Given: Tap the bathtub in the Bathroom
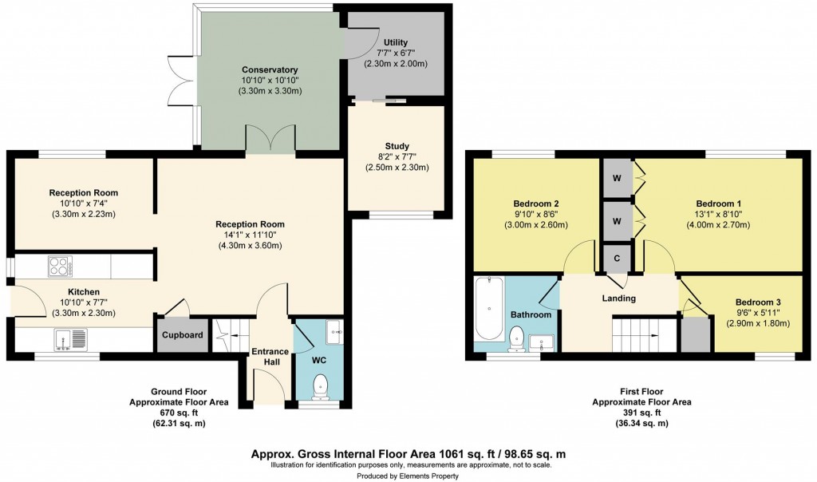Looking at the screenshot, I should pos(487,312).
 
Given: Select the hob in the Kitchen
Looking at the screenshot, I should pos(60,265).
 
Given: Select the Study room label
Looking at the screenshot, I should pos(397,146).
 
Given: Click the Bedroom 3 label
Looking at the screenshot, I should pos(757,302).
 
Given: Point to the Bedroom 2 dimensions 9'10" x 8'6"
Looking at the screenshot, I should pos(535,214).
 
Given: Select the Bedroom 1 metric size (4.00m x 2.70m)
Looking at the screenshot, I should pos(717,225).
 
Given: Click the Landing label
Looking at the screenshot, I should pos(618,298).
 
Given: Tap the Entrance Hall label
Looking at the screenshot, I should pos(270,358).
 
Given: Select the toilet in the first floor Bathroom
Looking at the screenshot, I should pos(515,340).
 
